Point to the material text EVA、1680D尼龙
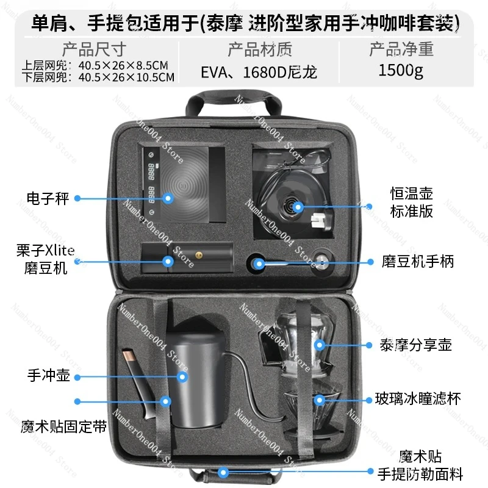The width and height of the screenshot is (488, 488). click(259, 72)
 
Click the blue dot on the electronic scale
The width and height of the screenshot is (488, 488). click(169, 198)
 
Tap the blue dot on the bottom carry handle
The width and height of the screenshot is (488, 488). click(224, 472)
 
